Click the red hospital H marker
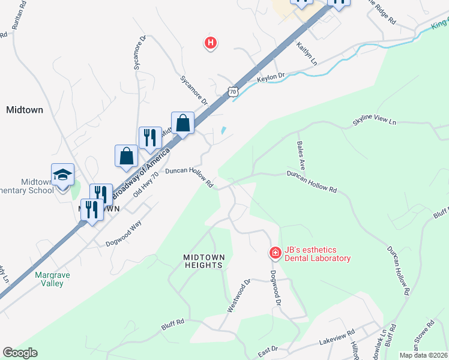point(210,43)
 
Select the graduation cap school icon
point(63,175)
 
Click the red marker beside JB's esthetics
point(275,253)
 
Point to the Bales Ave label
point(301,155)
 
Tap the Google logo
point(20,353)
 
